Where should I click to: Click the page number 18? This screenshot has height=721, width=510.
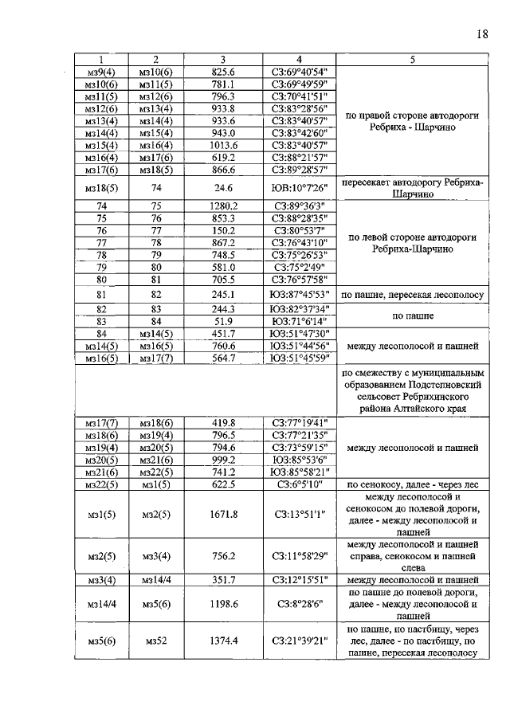pos(481,33)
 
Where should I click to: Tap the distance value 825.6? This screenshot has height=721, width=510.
pos(223,72)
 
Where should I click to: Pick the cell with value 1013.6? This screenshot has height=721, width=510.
pos(223,146)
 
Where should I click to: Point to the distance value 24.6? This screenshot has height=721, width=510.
pos(223,188)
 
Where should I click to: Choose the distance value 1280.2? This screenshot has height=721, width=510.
pos(223,206)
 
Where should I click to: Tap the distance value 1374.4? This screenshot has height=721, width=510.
pos(223,641)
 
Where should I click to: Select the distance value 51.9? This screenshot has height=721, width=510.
pos(223,320)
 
